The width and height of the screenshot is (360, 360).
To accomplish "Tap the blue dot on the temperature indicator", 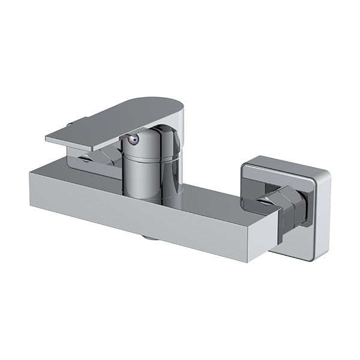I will [136, 142].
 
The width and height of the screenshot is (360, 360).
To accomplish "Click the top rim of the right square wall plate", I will [288, 162].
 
